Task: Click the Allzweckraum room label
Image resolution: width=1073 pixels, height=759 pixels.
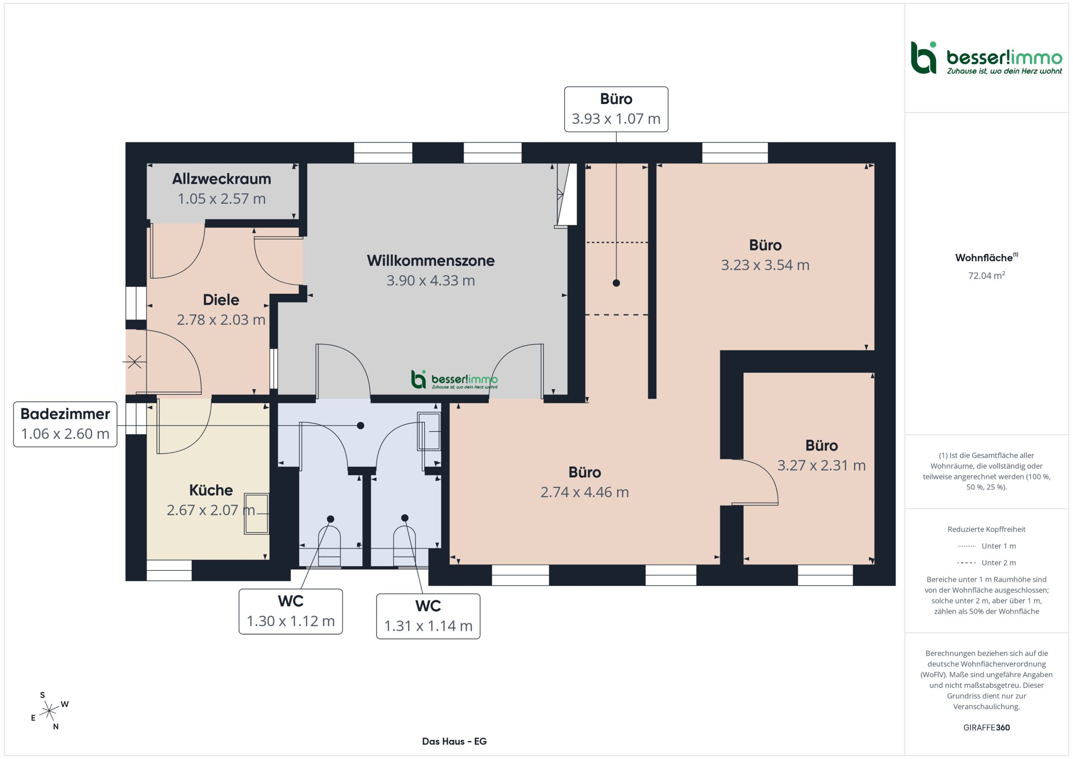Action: click(222, 179)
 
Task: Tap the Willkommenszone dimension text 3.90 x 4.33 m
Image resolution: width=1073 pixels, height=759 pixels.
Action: click(430, 280)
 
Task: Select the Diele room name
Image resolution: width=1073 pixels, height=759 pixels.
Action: click(221, 300)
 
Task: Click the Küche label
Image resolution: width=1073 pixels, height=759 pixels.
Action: click(211, 490)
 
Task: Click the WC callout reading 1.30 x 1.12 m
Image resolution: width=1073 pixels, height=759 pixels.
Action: click(291, 611)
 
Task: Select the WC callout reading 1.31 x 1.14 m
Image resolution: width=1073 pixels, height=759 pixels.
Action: click(428, 617)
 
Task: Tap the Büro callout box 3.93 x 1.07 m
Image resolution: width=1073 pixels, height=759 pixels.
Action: click(616, 109)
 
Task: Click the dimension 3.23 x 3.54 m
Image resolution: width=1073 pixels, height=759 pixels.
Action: click(765, 265)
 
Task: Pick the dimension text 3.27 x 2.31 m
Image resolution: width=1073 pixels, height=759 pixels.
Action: click(822, 466)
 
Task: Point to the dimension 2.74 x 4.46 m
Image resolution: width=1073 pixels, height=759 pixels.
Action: click(585, 492)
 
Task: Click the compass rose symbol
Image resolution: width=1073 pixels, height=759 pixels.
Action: click(49, 711)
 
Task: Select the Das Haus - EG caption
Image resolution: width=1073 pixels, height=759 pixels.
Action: click(454, 741)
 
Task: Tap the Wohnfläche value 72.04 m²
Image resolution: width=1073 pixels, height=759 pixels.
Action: click(987, 275)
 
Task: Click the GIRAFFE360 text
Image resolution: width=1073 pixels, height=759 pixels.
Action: click(987, 728)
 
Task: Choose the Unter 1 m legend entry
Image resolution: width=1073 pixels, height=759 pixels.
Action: click(987, 546)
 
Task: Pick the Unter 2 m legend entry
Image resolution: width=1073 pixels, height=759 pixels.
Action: click(987, 563)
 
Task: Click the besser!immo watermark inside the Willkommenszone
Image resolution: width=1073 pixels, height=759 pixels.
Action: click(454, 380)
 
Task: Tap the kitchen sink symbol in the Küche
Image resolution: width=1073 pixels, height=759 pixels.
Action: click(257, 514)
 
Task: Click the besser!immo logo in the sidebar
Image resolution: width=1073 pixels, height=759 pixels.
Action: click(987, 58)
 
